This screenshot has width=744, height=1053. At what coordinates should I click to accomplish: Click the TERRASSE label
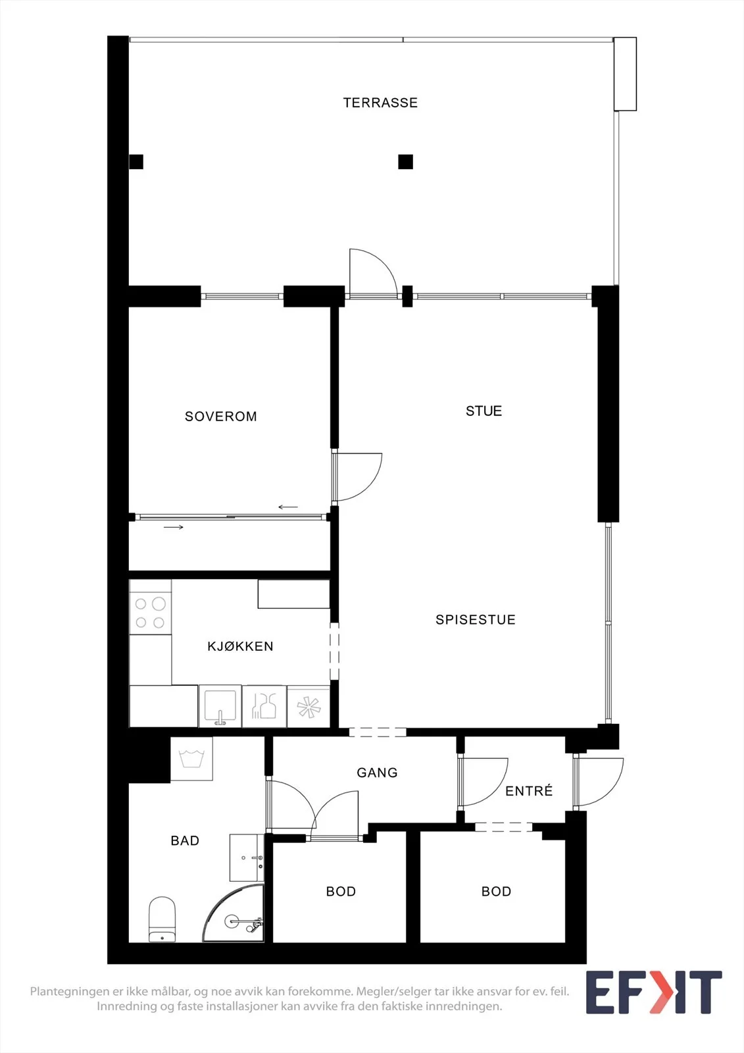click(380, 103)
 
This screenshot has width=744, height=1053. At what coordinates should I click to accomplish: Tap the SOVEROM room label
click(221, 417)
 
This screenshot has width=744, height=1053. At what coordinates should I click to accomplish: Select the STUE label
click(484, 411)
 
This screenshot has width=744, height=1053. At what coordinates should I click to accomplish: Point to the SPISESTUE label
click(475, 619)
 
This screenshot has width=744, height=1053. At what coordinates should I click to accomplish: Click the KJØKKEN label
click(240, 646)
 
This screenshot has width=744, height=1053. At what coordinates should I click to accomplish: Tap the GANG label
click(377, 773)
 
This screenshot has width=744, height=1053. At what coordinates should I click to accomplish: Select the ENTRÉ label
click(529, 790)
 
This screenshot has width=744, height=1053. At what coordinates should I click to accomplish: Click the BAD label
click(185, 840)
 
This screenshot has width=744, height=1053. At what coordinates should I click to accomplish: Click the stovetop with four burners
click(151, 613)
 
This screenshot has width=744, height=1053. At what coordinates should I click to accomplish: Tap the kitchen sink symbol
click(220, 706)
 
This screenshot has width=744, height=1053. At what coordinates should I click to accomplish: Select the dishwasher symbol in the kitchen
click(264, 706)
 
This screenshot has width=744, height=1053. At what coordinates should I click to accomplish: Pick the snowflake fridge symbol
click(309, 707)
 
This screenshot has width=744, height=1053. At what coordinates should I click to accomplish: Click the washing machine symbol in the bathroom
click(191, 759)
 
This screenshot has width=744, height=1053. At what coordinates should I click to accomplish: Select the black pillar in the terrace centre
click(406, 162)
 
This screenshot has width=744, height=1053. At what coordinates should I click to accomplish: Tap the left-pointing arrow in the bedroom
click(288, 507)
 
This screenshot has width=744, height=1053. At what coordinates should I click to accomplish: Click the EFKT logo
click(654, 1002)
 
